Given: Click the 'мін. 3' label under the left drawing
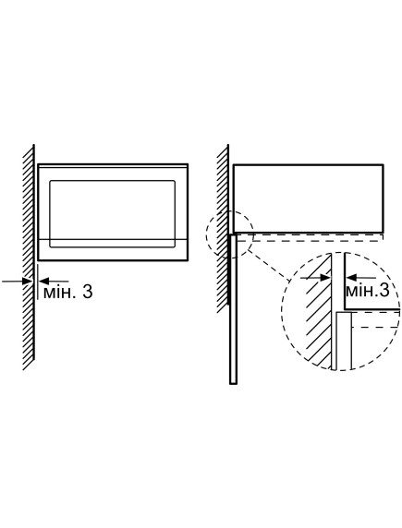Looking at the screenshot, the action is click(x=67, y=292).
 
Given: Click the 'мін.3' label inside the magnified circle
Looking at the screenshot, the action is click(x=367, y=290).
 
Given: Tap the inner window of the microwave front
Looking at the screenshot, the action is click(x=113, y=214).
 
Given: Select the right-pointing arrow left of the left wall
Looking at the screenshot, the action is click(x=17, y=281).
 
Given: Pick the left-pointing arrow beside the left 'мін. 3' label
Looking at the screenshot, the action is click(x=54, y=281).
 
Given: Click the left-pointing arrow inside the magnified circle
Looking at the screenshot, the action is click(x=360, y=278).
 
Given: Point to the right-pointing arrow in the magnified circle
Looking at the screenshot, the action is click(x=315, y=278).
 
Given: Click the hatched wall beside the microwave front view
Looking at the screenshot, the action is click(x=29, y=258).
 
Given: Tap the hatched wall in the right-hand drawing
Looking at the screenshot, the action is click(x=223, y=229).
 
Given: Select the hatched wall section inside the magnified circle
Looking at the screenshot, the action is click(x=319, y=311).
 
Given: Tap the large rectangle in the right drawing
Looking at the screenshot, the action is click(x=309, y=198).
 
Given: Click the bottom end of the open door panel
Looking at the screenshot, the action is click(x=233, y=383).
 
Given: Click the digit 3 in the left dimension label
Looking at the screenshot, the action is click(x=88, y=292).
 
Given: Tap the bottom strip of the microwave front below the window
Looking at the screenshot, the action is click(x=113, y=249).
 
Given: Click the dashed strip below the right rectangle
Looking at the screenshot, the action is click(x=310, y=237).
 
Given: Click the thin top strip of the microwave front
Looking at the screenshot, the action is click(x=113, y=166).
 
